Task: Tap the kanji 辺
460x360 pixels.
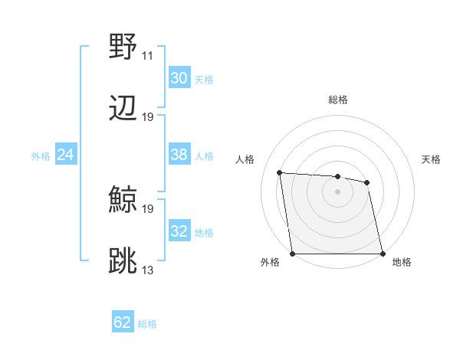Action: (x=123, y=108)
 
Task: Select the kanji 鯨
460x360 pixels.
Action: (x=123, y=200)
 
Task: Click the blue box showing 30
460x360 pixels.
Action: (x=179, y=78)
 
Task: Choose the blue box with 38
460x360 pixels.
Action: (x=179, y=155)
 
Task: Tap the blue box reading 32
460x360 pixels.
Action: (x=179, y=231)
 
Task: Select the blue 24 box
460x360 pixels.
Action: (x=65, y=155)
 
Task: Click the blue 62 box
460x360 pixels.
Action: (x=122, y=322)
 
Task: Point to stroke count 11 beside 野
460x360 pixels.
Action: (x=147, y=56)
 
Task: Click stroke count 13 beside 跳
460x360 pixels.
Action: (x=147, y=270)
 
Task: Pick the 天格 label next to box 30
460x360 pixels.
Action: (x=203, y=80)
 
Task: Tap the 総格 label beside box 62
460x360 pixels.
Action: (x=147, y=324)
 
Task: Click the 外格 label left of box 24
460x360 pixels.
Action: (x=41, y=156)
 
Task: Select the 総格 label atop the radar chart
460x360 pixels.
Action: (x=337, y=100)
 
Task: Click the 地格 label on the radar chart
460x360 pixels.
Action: (x=402, y=262)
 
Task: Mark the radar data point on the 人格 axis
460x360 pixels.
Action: (x=280, y=172)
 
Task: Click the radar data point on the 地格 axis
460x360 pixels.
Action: (x=383, y=254)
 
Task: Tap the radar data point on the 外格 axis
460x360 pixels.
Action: (x=293, y=254)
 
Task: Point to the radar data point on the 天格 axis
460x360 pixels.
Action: (x=367, y=182)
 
